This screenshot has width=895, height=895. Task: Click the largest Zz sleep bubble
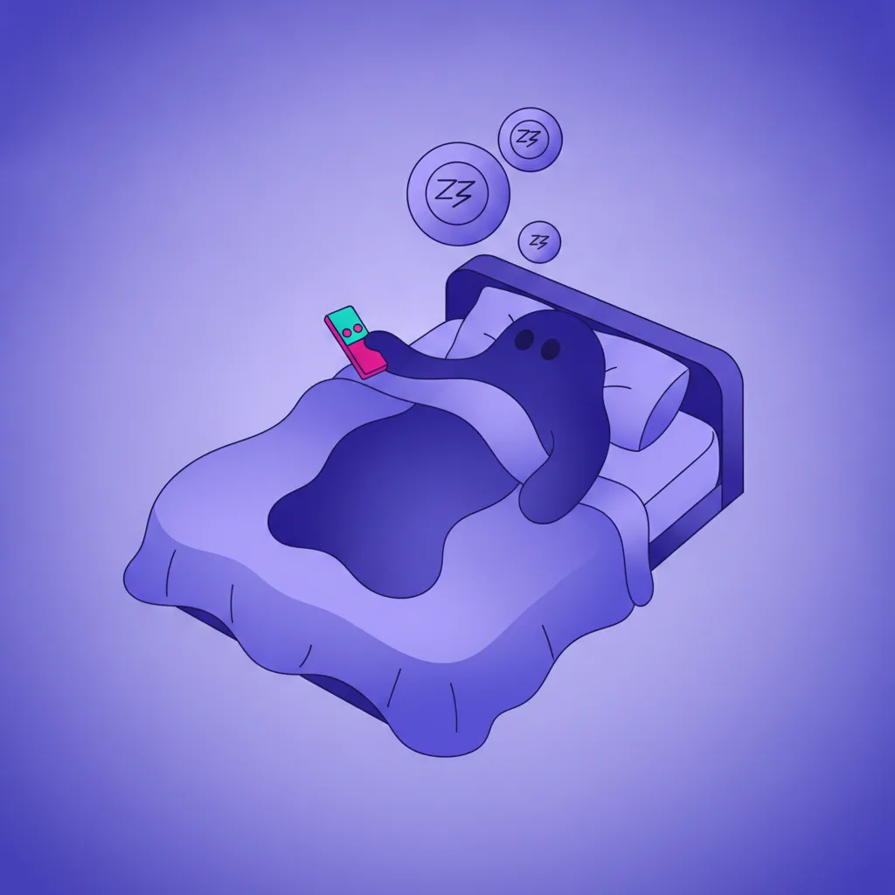click(x=458, y=193)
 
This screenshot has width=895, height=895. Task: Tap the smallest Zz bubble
click(x=539, y=242)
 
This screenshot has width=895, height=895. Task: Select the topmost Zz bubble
click(x=531, y=139)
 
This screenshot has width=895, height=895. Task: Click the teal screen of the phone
click(x=346, y=324)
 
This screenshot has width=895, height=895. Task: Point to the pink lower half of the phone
click(x=365, y=357)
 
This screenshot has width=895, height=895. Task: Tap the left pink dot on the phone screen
click(x=347, y=332)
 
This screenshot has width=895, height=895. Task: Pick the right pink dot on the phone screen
click(x=357, y=329)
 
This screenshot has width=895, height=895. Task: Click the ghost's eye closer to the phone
click(x=524, y=340)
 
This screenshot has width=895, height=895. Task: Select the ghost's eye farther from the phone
click(x=551, y=349)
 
